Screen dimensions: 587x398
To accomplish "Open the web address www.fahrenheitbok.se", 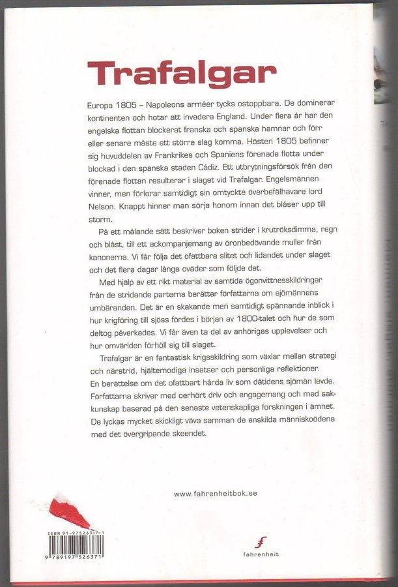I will pyautogui.click(x=215, y=494).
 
